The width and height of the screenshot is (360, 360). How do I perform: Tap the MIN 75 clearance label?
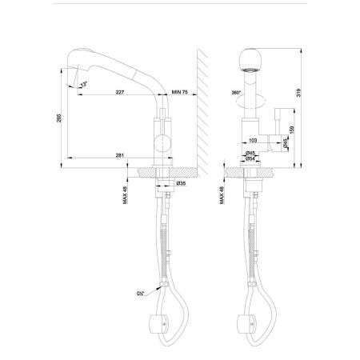tap(179, 93)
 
